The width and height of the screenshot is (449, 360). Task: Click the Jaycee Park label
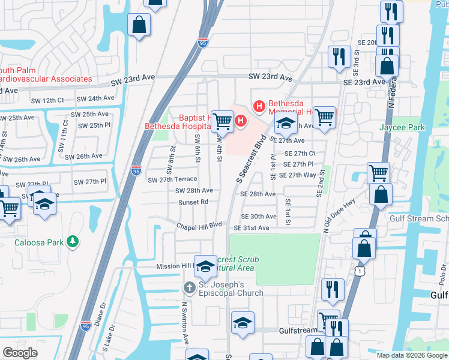[x=402, y=127]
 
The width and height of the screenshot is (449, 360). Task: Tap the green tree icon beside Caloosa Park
[x=73, y=241]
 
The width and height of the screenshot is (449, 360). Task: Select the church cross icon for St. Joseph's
[x=188, y=288]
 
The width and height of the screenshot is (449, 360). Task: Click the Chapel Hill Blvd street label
[x=199, y=226]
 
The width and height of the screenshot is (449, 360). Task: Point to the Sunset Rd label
[x=193, y=202]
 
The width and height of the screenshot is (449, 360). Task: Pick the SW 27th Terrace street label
[x=172, y=179]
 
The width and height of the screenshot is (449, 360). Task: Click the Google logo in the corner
[x=20, y=352]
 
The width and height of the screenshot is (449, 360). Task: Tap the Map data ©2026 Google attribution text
[x=411, y=355]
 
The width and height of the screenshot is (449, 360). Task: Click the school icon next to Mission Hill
[x=205, y=266]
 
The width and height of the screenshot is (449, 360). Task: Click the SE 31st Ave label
[x=252, y=228]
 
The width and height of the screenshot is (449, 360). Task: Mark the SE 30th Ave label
[x=259, y=217]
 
